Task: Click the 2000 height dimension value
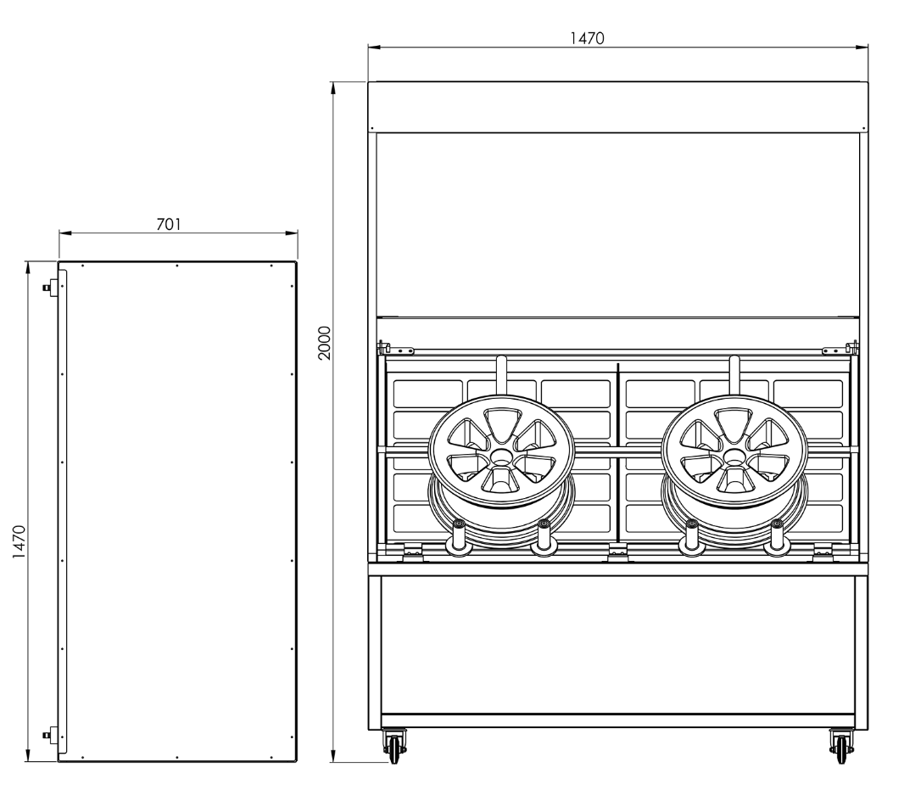(x=323, y=343)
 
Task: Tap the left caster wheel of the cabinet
(x=394, y=746)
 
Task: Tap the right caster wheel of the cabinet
(x=840, y=746)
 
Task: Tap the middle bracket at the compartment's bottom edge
(x=618, y=552)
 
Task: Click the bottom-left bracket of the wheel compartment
(x=413, y=552)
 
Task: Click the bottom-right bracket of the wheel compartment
(x=823, y=552)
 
